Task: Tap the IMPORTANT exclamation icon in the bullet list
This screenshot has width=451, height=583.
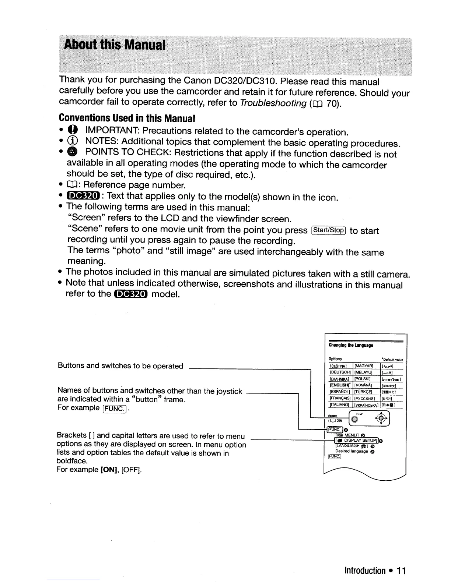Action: click(72, 131)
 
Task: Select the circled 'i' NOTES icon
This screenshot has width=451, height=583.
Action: click(72, 142)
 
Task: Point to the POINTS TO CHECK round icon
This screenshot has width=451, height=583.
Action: click(72, 153)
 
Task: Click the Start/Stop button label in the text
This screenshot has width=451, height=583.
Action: click(328, 230)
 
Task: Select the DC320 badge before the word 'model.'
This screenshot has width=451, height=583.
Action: click(131, 293)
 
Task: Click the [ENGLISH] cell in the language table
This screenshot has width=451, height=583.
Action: click(340, 385)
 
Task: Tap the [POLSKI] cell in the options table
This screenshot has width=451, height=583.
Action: click(363, 379)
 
